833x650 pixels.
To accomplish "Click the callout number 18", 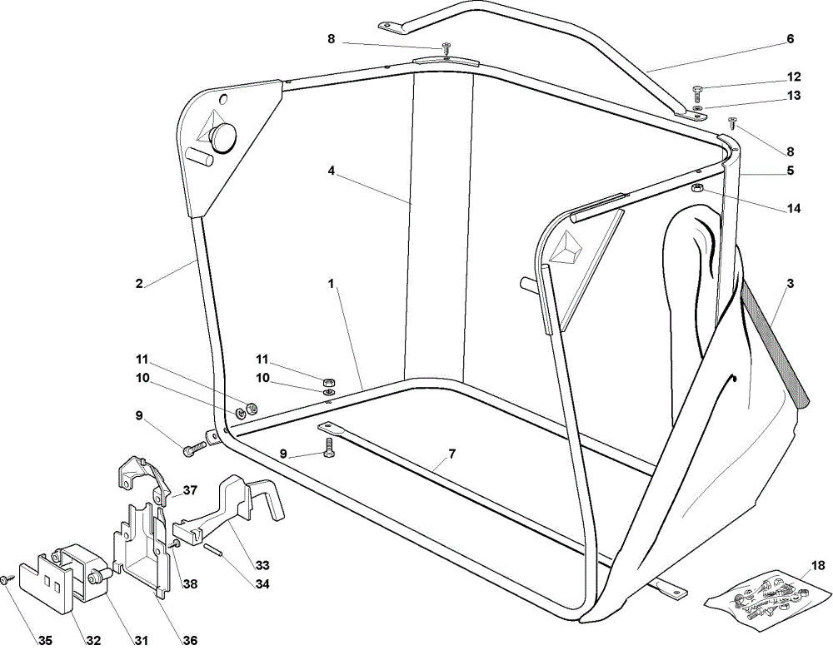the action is [x=818, y=565].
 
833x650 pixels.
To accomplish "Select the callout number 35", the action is [x=45, y=641].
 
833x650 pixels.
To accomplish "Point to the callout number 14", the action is [x=793, y=209].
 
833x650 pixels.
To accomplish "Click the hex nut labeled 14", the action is [x=697, y=188].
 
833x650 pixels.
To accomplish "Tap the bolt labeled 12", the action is [x=697, y=92].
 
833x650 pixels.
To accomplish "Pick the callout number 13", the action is [x=794, y=96].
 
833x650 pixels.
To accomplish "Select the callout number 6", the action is [x=790, y=39].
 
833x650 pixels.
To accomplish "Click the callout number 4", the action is [x=331, y=171].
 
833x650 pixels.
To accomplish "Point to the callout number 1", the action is [x=331, y=284].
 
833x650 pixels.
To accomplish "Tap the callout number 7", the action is [x=451, y=454].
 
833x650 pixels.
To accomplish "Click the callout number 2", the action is [x=139, y=284].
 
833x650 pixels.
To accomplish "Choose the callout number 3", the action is [x=790, y=284].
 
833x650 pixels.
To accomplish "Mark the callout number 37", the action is [x=190, y=489].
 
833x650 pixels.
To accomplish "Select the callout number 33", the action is [x=262, y=564].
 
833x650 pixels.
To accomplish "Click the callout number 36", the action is [x=190, y=641].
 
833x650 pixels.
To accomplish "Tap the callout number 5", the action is [x=790, y=171].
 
